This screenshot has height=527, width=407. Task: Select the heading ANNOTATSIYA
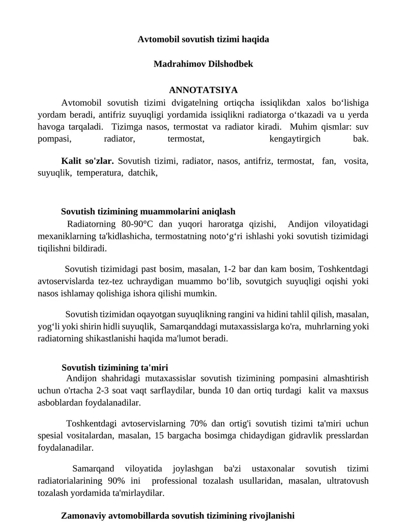[x=203, y=90]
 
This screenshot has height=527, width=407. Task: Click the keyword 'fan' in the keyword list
[x=329, y=161]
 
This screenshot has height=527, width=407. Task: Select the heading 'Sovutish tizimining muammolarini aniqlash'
[x=148, y=211]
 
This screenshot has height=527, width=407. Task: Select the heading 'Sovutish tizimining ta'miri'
[x=115, y=367]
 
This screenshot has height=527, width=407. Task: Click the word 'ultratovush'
[x=346, y=481]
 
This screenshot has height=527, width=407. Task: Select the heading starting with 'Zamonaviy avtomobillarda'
[x=178, y=515]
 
